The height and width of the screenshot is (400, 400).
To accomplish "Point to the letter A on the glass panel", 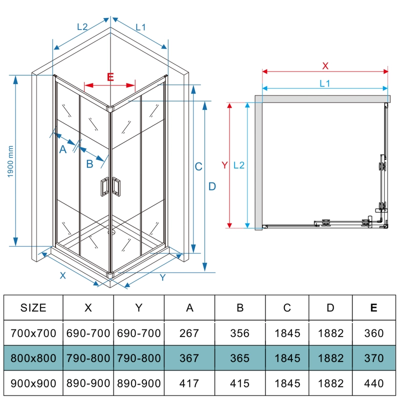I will (x=63, y=148).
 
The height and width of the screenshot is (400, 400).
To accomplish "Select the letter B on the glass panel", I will (x=89, y=163).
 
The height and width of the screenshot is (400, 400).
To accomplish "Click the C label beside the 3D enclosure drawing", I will (x=198, y=166).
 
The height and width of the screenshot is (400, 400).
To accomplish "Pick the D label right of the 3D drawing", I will (x=212, y=186).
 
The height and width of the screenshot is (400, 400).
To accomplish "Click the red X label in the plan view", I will (x=325, y=65).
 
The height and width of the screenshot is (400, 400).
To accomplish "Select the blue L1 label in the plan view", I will (x=325, y=83).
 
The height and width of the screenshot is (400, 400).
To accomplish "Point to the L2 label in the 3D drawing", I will (x=82, y=27).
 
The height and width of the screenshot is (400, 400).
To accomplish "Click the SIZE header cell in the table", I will (x=33, y=307).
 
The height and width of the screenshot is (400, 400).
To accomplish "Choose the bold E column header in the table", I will (x=373, y=307).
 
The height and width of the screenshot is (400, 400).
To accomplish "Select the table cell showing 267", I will (x=189, y=333).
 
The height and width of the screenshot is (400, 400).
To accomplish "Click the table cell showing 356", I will (x=240, y=333).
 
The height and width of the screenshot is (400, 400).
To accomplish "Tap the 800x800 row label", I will (x=33, y=358).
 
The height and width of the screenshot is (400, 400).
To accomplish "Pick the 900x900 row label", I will (x=33, y=383).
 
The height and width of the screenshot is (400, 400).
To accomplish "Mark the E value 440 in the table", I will (x=373, y=383).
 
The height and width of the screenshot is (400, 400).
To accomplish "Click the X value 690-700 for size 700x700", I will (x=88, y=333).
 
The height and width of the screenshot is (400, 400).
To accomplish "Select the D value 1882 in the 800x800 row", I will (x=330, y=358).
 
